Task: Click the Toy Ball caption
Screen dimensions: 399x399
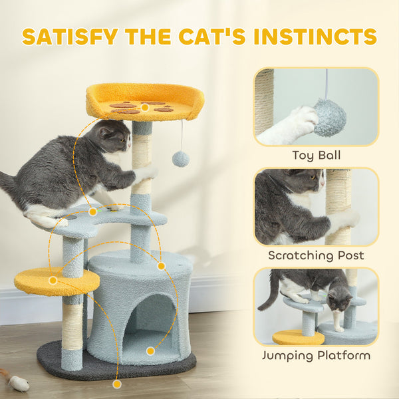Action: tap(316, 156)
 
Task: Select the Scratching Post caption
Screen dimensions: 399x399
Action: tap(316, 255)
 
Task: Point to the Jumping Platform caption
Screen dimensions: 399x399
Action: tap(316, 355)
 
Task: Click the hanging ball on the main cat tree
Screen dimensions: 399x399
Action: tap(180, 158)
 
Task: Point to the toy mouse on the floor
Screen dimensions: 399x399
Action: tap(18, 382)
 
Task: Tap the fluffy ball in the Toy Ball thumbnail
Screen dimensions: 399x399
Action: tap(330, 118)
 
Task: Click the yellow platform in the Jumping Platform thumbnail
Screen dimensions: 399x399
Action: tap(297, 337)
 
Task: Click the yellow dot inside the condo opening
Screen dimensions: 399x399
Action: tap(151, 350)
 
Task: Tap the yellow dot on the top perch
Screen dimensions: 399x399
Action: tap(144, 106)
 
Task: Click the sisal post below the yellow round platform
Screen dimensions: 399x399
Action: tap(72, 326)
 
